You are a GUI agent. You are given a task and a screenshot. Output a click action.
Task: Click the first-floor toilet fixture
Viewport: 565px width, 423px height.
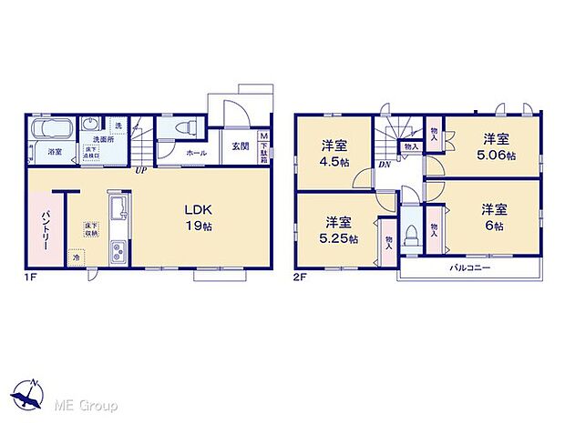click(x=180, y=127)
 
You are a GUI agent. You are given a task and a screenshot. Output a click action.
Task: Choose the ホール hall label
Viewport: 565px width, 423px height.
click(x=196, y=153)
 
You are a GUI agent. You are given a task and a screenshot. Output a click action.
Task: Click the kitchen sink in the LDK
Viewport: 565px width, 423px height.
click(x=118, y=209)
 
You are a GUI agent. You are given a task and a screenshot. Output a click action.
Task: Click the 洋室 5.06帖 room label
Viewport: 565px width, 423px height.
click(x=496, y=146)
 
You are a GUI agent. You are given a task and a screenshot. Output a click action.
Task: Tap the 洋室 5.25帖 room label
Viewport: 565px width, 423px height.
click(x=337, y=230)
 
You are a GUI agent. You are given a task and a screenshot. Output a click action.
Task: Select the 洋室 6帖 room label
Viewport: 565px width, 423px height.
click(x=496, y=217)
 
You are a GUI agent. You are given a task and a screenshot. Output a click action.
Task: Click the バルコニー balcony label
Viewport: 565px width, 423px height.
click(x=470, y=269)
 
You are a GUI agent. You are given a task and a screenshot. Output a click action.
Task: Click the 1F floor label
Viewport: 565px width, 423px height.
click(x=29, y=275)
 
